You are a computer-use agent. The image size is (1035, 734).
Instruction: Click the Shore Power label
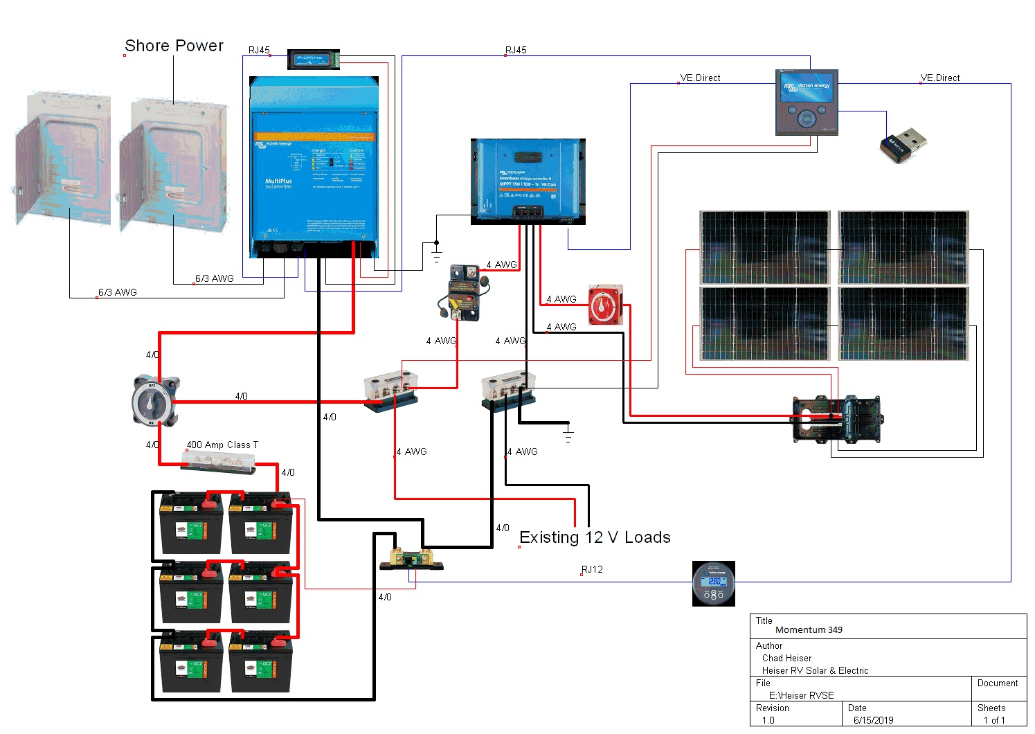point(174,46)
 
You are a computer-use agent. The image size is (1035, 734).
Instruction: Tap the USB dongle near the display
point(903,145)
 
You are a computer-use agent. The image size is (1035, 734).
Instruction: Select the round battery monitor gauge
point(714,584)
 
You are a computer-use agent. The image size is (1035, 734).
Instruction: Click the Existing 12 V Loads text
point(595,537)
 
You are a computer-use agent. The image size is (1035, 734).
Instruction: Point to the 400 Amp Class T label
point(222,445)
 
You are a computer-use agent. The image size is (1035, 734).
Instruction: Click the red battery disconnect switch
point(605,304)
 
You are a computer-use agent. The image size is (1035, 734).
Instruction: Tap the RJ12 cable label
point(592,569)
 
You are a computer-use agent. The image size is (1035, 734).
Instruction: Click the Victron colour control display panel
point(807,102)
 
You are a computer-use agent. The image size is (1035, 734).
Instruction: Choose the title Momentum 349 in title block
point(809,629)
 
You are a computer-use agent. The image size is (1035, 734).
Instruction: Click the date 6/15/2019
point(873,720)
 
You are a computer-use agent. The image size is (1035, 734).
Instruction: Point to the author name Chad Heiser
point(786,658)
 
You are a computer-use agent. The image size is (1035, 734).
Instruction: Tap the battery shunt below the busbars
point(411,560)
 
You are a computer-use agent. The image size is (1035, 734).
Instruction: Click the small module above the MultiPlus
point(314,60)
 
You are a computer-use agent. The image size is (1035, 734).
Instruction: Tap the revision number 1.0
point(768,720)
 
